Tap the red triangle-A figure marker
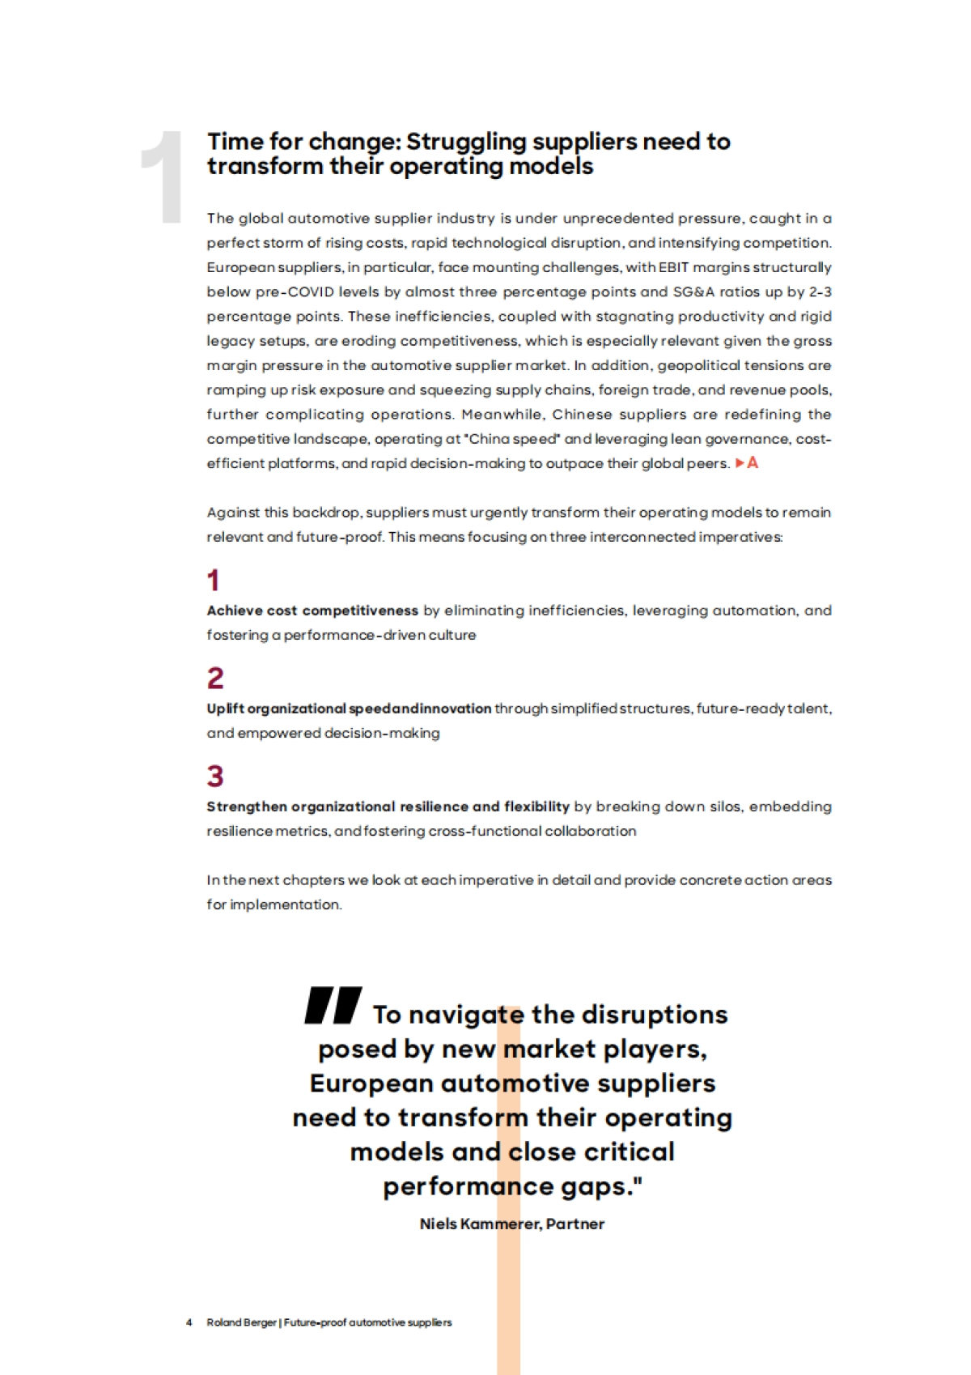tap(747, 463)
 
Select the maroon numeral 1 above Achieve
tap(214, 580)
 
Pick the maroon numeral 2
tap(215, 678)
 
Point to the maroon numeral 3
tap(215, 776)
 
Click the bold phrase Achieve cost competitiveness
tap(312, 611)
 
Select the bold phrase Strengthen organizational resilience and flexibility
tap(388, 807)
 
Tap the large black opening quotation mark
tap(333, 1006)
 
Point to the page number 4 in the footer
tap(189, 1322)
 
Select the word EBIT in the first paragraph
tap(673, 267)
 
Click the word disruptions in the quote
tap(654, 1015)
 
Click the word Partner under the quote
tap(575, 1224)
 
